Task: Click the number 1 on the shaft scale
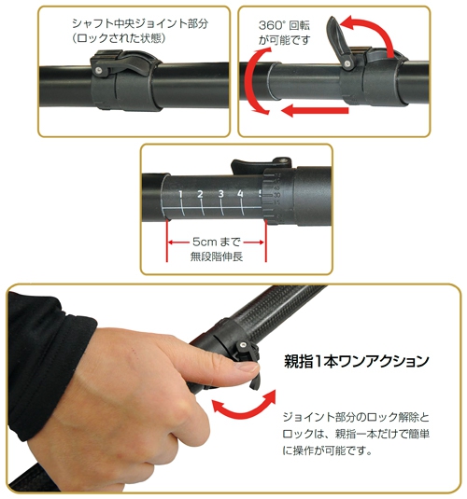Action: tap(180, 194)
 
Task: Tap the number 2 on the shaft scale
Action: tap(200, 194)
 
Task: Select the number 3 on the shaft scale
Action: tap(220, 194)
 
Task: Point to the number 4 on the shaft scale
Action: tap(240, 193)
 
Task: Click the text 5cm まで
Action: tap(216, 242)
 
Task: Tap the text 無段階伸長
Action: tap(217, 256)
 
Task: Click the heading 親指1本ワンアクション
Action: tap(357, 362)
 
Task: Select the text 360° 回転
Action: tap(284, 25)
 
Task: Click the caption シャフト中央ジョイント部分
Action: tap(140, 23)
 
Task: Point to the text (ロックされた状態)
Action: tap(119, 38)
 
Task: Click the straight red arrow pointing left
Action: tap(315, 110)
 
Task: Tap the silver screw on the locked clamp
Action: tap(98, 70)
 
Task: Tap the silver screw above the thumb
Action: tap(244, 344)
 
